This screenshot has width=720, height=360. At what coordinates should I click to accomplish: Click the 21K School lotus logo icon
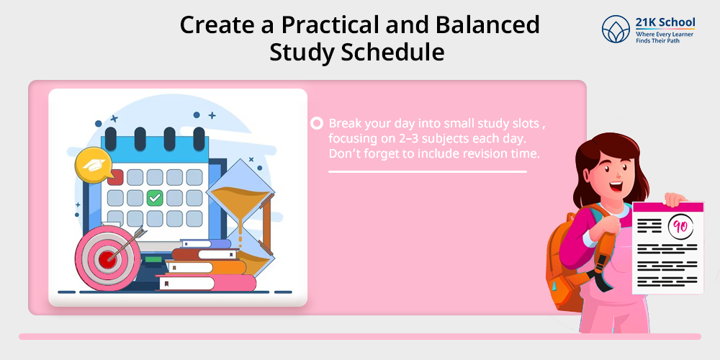[616, 30]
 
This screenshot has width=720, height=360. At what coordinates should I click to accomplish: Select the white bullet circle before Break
[317, 124]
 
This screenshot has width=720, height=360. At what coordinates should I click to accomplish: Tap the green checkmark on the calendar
[155, 198]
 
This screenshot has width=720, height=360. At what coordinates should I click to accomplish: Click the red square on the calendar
[115, 177]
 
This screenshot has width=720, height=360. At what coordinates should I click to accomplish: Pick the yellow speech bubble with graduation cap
[94, 165]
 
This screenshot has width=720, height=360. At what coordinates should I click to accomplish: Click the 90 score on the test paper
[680, 226]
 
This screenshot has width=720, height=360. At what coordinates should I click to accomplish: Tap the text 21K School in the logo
[665, 22]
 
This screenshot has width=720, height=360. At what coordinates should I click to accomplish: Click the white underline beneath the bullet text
[428, 172]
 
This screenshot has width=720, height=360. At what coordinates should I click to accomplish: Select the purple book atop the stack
[206, 243]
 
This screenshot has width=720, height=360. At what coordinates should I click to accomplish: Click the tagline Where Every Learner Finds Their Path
[665, 37]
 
